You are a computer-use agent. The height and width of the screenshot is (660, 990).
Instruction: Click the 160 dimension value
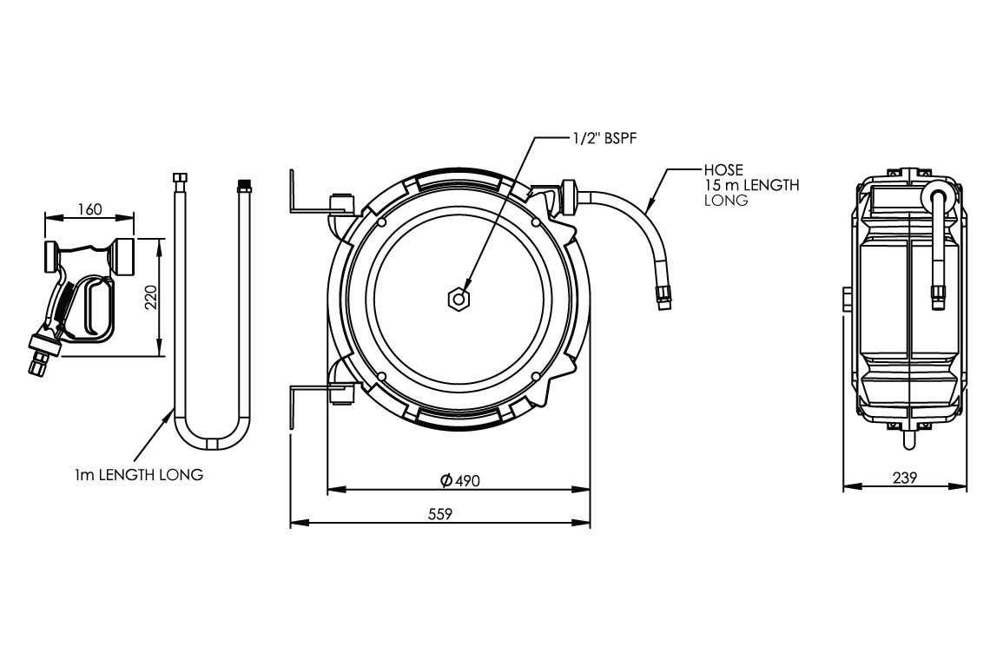point(89,209)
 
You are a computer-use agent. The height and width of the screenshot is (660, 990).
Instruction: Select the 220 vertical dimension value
point(150,299)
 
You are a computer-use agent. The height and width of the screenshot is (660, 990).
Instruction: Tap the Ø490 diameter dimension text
point(459,480)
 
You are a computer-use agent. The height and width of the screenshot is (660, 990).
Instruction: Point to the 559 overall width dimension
point(440,513)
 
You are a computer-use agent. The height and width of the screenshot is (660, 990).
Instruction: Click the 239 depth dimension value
point(905,477)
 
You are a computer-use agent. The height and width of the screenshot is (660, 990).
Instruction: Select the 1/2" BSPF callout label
point(598,136)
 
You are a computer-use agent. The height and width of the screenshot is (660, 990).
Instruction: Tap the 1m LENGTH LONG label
point(139,475)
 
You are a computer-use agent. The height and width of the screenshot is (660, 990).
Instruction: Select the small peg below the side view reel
point(907,441)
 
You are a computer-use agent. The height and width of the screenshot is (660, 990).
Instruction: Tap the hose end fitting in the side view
point(938,295)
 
